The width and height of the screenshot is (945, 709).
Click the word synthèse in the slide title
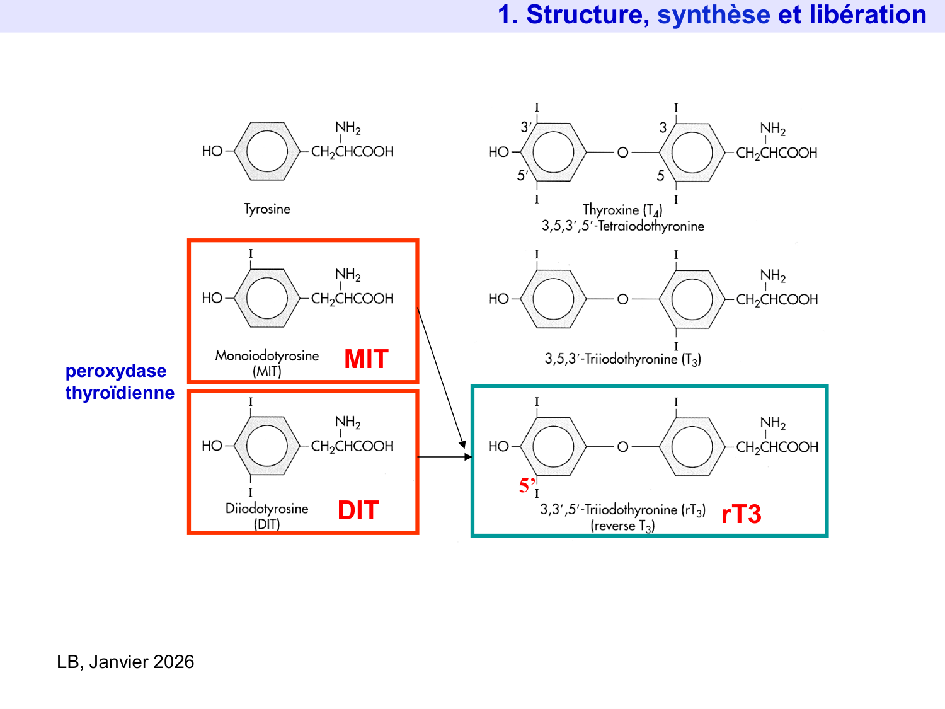pos(713,15)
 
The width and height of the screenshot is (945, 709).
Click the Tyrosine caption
pos(267,209)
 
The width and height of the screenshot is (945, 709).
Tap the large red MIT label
pos(366,359)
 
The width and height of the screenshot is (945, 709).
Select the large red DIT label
pos(358,510)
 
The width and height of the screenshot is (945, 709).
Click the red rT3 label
pos(741,514)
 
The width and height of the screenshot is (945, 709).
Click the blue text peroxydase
pos(116,371)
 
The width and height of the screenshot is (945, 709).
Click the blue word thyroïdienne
pos(120,393)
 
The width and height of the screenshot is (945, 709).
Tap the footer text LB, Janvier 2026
pos(125,662)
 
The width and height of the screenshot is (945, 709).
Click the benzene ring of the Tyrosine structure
pos(267,151)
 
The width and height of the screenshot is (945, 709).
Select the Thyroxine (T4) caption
pos(622,210)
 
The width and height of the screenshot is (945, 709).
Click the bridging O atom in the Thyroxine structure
pos(622,153)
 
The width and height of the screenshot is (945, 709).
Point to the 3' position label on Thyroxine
pos(525,127)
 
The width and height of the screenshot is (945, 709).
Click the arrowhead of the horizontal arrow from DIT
pos(468,457)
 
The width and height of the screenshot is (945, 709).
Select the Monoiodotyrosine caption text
pos(267,355)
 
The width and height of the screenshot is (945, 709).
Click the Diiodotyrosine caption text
pos(267,509)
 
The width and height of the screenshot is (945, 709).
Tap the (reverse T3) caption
pos(622,526)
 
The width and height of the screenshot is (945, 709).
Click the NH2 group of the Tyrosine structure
pos(348,128)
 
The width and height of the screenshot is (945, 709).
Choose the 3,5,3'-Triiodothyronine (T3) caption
pos(622,359)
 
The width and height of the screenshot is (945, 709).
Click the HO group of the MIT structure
pos(212,298)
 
